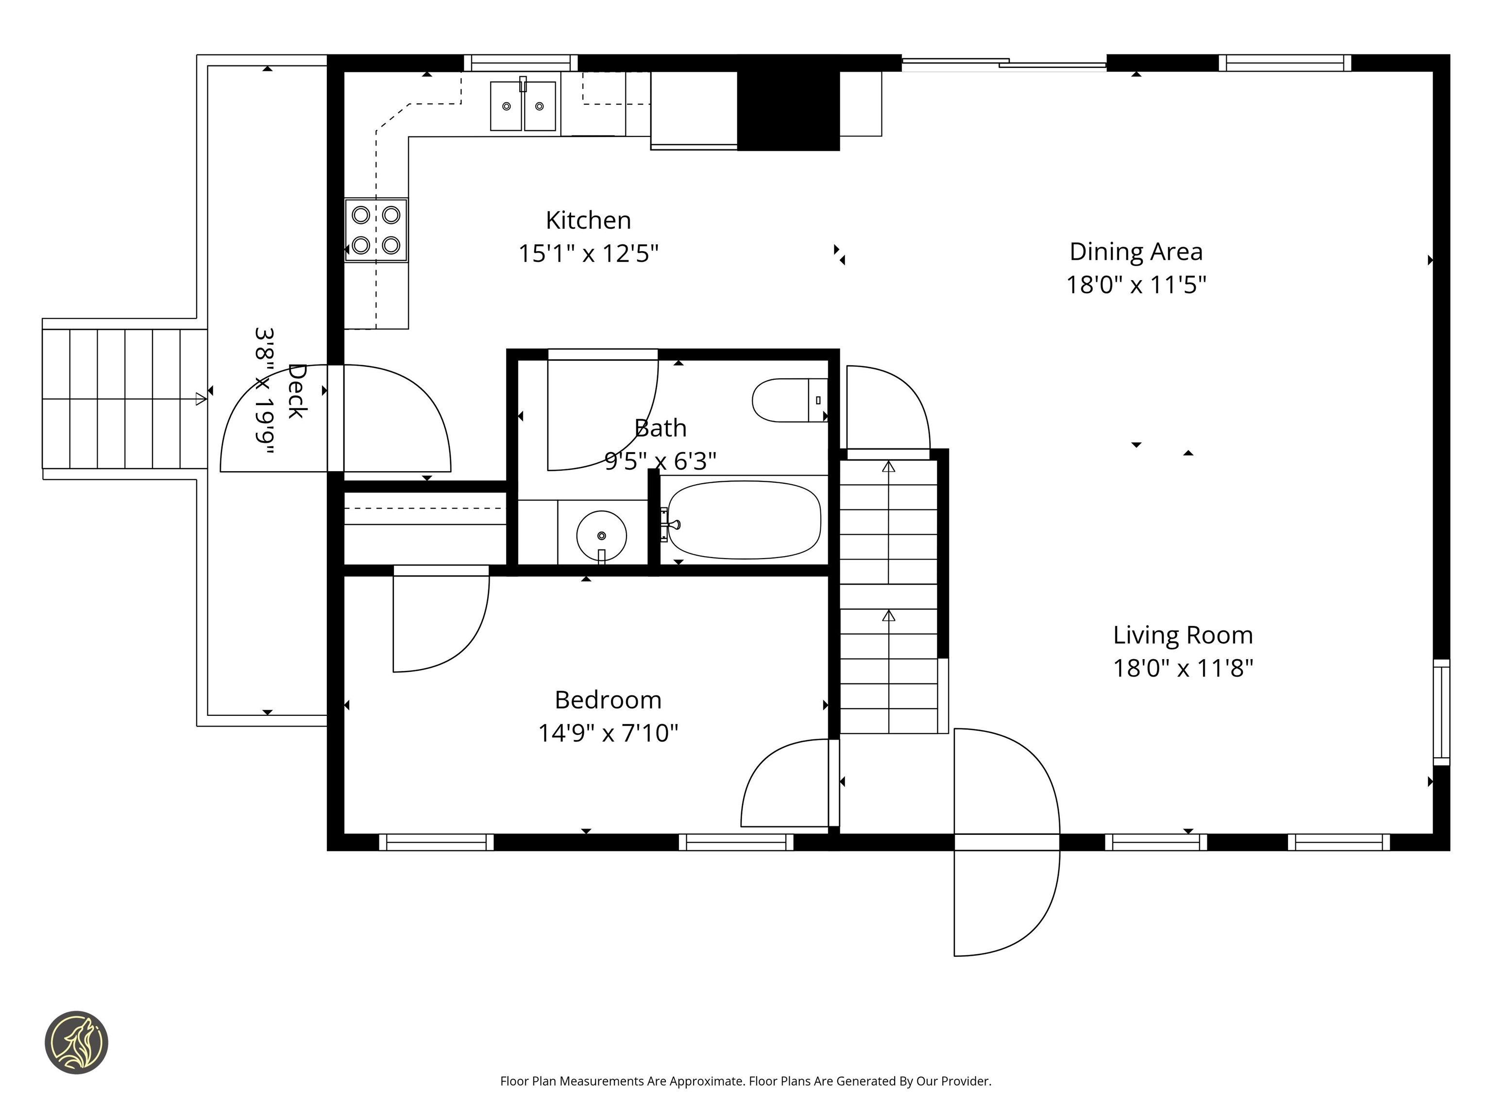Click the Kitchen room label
coord(588,220)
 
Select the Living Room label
coord(1183,635)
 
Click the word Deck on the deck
coord(297,390)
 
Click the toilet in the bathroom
coord(788,400)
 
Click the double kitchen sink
coord(523,106)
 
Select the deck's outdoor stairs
coord(124,399)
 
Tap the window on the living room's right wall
coord(1441,712)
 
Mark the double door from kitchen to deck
coord(335,418)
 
